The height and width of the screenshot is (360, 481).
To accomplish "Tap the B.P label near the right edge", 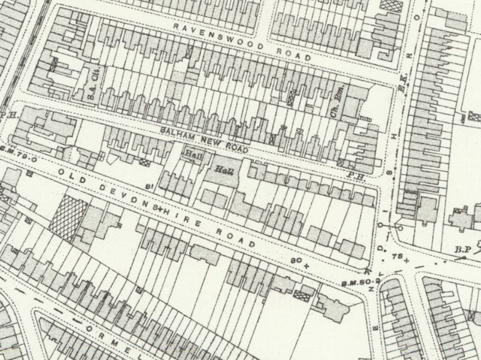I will click(461, 250).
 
